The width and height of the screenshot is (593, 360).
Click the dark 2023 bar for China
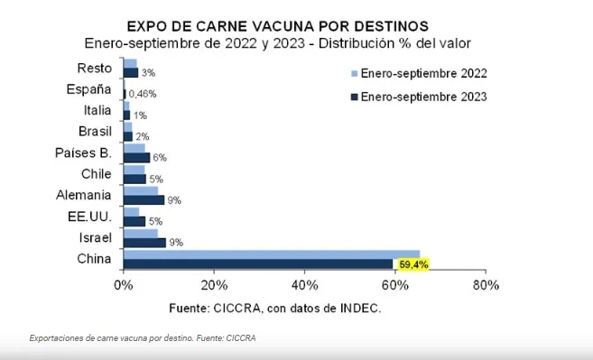point(258,264)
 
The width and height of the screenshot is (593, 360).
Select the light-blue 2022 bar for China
point(271,254)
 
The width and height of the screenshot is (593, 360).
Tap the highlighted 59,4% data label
point(413,264)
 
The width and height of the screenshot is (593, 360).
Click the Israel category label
point(95,237)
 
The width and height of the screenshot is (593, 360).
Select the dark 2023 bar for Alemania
point(144,199)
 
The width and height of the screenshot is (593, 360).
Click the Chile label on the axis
point(96,172)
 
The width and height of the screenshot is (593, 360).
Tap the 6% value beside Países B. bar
point(159,158)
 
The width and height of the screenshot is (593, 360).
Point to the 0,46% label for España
point(143,94)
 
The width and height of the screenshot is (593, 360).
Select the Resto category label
point(94,68)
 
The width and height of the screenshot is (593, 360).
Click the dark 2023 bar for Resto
point(130,73)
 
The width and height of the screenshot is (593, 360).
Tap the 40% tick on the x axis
point(304,286)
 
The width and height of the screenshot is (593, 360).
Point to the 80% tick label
point(485,286)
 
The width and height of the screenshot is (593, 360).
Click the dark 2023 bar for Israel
point(144,243)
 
